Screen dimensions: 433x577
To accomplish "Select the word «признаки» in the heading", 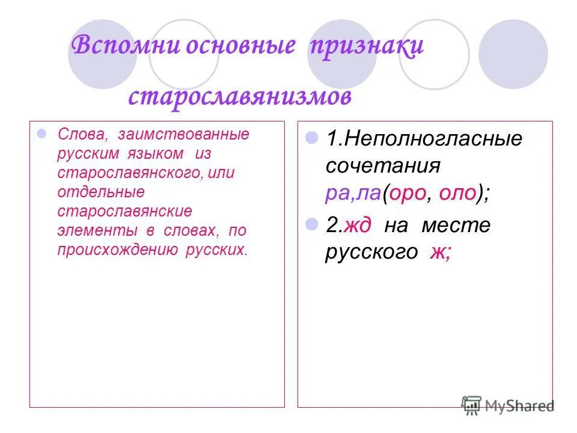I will pos(366,48).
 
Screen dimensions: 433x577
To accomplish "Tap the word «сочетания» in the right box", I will pos(383,165).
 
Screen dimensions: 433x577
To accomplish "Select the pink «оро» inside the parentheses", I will pos(409,192).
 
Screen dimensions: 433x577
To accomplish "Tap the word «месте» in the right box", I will pos(463,226).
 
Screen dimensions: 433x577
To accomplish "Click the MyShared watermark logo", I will pos(508,405).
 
